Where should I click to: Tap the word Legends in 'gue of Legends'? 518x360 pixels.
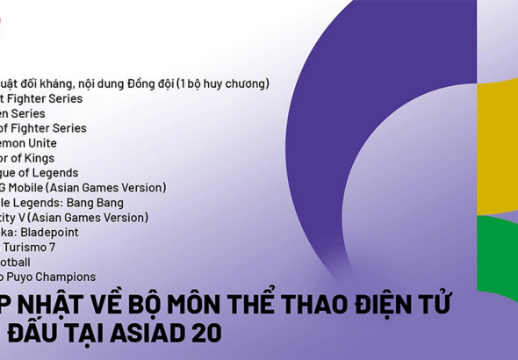tap(54, 173)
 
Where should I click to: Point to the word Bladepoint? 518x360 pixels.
tap(50, 233)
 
